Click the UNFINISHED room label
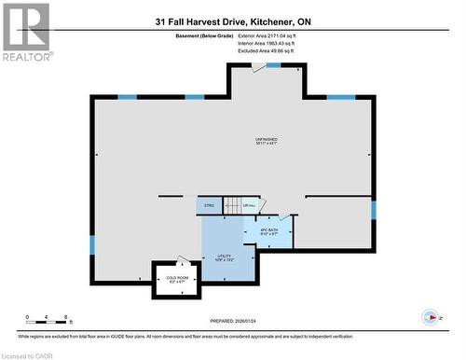[x=267, y=141]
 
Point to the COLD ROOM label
[x=177, y=279]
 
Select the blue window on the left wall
[x=91, y=244]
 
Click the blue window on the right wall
[x=374, y=210]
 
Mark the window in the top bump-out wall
[x=273, y=65]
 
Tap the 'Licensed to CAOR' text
[x=28, y=354]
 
